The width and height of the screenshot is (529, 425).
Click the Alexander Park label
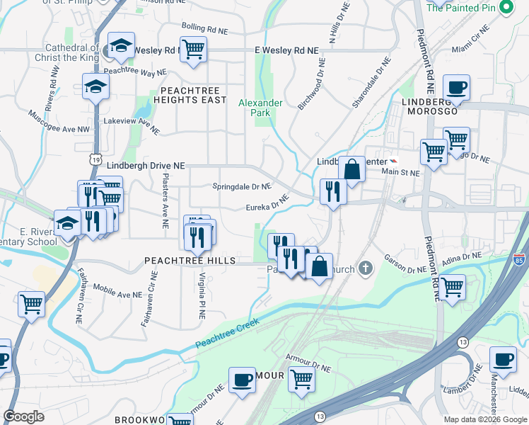[260, 108]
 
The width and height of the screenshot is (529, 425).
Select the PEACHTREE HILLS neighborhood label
[190, 261]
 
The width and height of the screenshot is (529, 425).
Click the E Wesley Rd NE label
[286, 51]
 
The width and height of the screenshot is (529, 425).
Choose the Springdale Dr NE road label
[242, 187]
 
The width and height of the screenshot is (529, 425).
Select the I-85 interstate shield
[520, 260]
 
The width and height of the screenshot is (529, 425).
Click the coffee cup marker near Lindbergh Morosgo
[456, 87]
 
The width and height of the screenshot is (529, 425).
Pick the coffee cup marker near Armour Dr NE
[242, 380]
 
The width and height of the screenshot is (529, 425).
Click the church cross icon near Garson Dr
[364, 268]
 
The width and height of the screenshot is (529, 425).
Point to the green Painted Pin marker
[506, 8]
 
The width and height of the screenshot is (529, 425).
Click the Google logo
[24, 416]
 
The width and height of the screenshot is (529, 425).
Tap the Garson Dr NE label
[406, 263]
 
